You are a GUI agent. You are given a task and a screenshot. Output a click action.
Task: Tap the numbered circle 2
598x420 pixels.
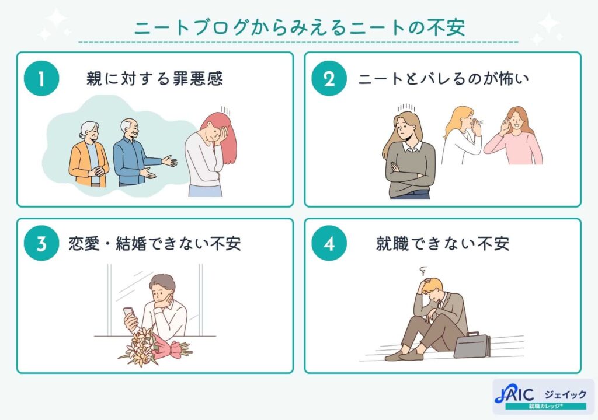coord(329,79)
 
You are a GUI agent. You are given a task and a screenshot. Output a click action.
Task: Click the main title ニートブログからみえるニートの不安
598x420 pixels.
coord(299,28)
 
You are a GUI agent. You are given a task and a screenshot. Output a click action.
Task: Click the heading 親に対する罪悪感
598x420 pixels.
coord(154,79)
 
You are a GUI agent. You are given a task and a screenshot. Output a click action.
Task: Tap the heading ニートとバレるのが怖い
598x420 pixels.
coord(443,79)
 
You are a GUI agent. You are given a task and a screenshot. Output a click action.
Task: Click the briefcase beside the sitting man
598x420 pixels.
coord(472,345)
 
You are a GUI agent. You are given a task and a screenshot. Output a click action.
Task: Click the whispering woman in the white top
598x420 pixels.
coord(461,138)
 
